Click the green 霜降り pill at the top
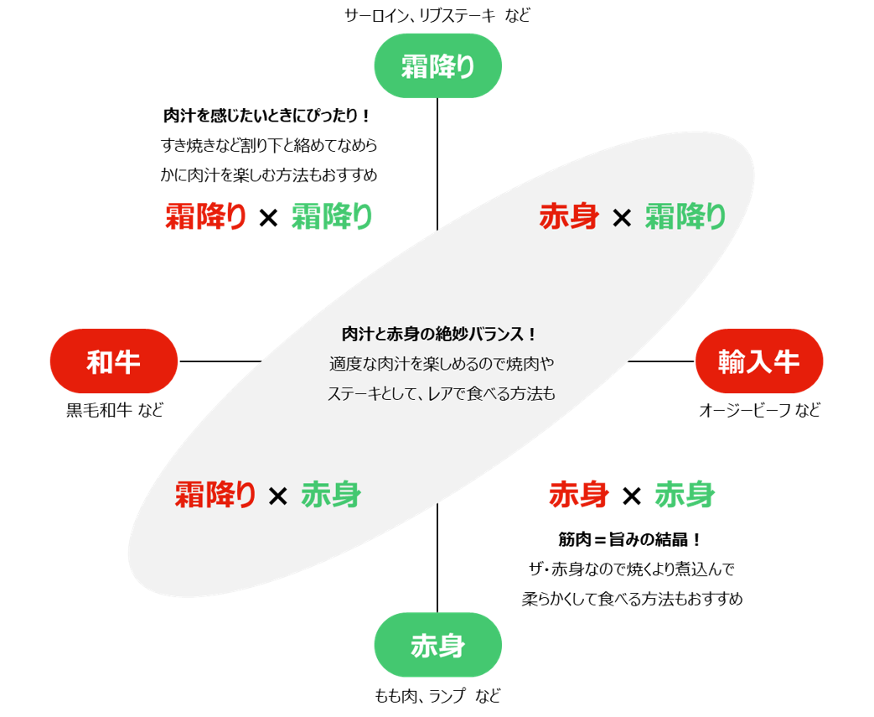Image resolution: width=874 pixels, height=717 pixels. click(x=437, y=66)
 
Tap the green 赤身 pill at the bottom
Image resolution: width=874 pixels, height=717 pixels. click(x=437, y=645)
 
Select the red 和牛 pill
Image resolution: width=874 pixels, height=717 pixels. click(x=113, y=361)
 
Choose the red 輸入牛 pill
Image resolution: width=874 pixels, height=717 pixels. click(x=759, y=361)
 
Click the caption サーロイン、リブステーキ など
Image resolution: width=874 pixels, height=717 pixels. click(x=437, y=15)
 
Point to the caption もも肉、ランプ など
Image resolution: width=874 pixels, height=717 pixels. click(x=437, y=695)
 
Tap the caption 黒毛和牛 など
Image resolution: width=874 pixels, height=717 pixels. click(x=115, y=411)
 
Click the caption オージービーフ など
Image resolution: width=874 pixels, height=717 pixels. click(x=759, y=411)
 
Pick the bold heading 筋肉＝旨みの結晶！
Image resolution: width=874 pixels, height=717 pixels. click(x=630, y=539)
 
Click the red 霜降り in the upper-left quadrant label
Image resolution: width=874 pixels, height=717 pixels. click(x=206, y=217)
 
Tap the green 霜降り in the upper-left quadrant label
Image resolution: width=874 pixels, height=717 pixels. click(x=332, y=217)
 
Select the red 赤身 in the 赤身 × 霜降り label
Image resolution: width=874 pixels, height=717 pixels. click(x=569, y=217)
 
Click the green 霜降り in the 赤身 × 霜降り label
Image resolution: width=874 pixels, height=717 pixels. click(x=685, y=217)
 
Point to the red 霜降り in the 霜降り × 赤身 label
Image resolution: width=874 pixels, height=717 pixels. click(x=215, y=495)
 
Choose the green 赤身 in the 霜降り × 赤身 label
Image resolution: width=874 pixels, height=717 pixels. click(x=331, y=495)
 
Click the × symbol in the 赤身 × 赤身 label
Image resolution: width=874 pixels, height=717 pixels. click(x=632, y=496)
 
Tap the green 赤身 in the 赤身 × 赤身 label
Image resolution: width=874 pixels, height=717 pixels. click(x=685, y=495)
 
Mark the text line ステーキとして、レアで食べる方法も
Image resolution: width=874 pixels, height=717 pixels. click(x=441, y=393)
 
